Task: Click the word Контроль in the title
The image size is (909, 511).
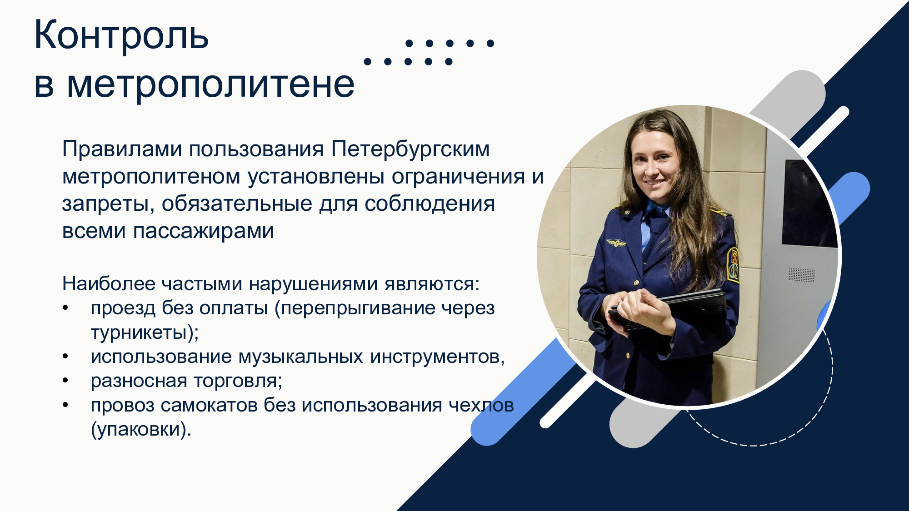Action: [x=121, y=35]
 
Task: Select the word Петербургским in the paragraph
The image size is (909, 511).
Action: [x=410, y=149]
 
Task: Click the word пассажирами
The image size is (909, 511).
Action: [x=204, y=231]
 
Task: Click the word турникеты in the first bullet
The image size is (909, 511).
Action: [x=139, y=333]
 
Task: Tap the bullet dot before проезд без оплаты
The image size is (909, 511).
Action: [x=65, y=308]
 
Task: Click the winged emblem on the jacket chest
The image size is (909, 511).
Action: [x=616, y=244]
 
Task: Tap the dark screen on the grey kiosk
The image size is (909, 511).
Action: [x=809, y=204]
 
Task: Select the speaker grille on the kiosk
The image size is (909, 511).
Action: [x=801, y=275]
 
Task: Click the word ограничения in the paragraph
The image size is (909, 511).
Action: [x=458, y=177]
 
